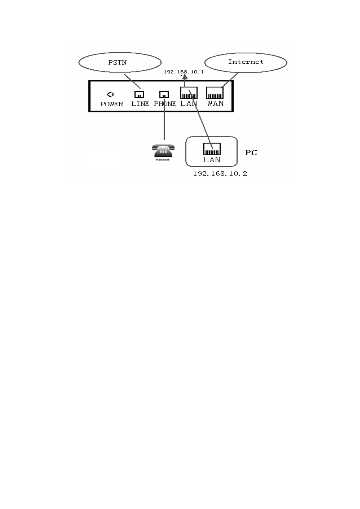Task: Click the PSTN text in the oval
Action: point(117,63)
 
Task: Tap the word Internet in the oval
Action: point(246,62)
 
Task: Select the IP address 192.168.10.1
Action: point(183,72)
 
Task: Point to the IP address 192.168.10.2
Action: point(220,174)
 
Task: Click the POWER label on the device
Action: point(112,104)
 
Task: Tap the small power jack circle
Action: point(111,94)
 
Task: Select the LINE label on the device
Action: point(140,104)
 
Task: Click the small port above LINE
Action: point(139,94)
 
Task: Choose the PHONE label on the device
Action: point(165,104)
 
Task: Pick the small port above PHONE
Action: point(164,94)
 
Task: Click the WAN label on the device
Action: point(215,103)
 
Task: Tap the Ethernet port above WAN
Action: point(215,93)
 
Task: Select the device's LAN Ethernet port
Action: point(189,93)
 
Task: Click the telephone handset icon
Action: point(163,151)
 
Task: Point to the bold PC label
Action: point(251,153)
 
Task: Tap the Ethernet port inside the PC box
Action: point(212,149)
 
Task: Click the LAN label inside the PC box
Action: point(212,160)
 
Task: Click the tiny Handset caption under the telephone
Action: point(163,160)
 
